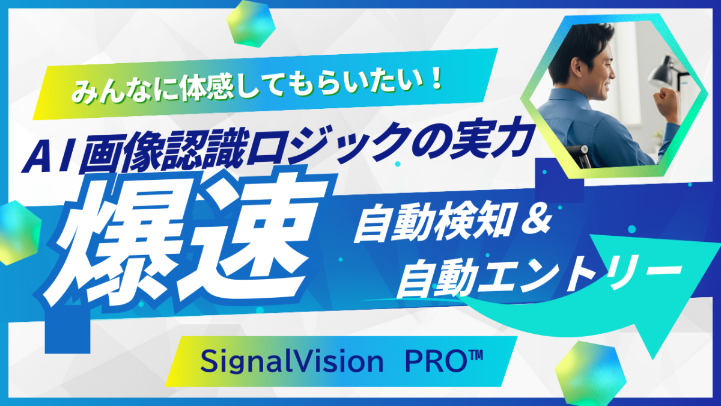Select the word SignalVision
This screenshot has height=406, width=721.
pos(291,362)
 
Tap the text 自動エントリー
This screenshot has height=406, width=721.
pos(532,274)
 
